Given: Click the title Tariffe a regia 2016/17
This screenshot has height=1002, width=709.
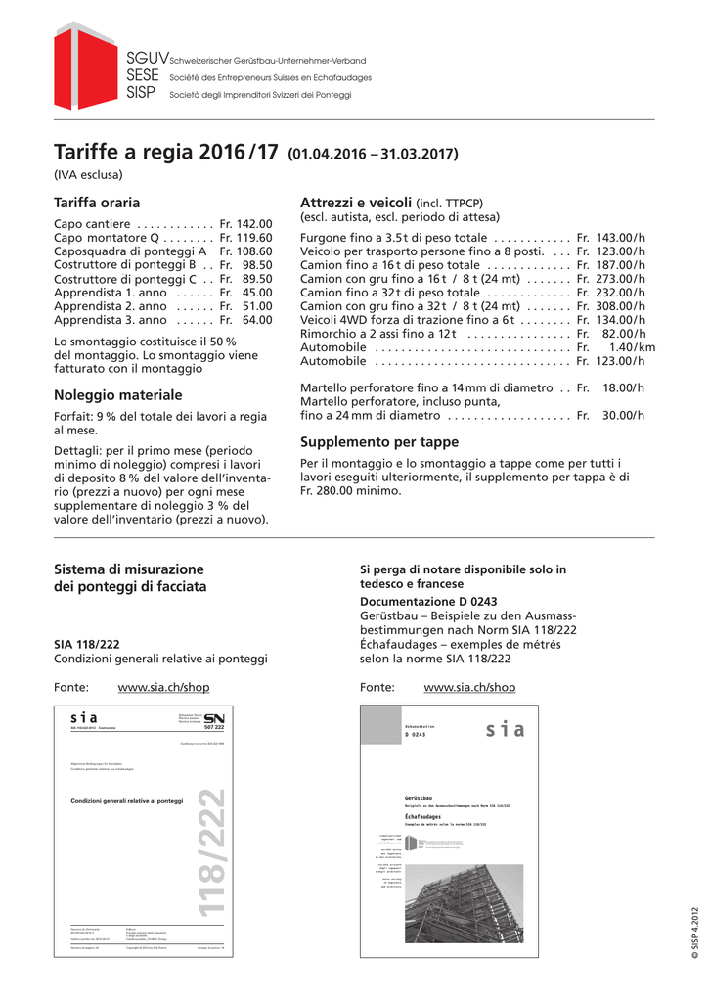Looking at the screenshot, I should coord(166,154).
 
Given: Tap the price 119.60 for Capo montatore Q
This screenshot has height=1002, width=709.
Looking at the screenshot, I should coord(253,238).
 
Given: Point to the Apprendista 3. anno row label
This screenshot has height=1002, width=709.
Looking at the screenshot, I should coord(110,320).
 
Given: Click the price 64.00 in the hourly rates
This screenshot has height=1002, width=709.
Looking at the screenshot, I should coord(257,320).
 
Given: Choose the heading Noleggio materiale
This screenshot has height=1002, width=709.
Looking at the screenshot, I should coord(117,395).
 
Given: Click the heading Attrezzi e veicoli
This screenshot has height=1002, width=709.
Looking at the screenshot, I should coord(356,202).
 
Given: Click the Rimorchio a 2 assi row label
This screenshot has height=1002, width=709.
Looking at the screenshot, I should coord(378,334).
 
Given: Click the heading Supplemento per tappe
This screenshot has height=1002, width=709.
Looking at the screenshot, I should coord(379,442).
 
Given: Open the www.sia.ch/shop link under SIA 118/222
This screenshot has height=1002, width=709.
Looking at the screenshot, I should coord(163,688).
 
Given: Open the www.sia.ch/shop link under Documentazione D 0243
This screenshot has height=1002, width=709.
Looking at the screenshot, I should coord(469,688).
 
